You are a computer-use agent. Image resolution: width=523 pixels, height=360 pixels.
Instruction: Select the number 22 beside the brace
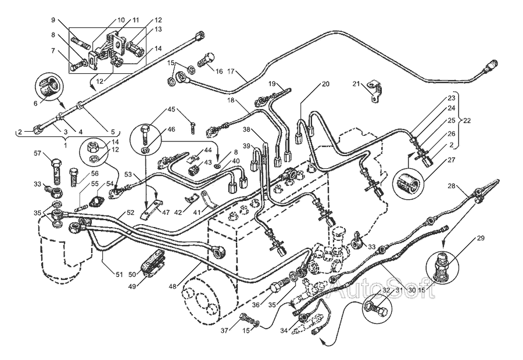[x=467, y=121]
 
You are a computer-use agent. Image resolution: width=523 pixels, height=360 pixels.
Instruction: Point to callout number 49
[x=132, y=286]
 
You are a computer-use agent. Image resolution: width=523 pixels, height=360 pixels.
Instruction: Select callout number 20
[x=325, y=84]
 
